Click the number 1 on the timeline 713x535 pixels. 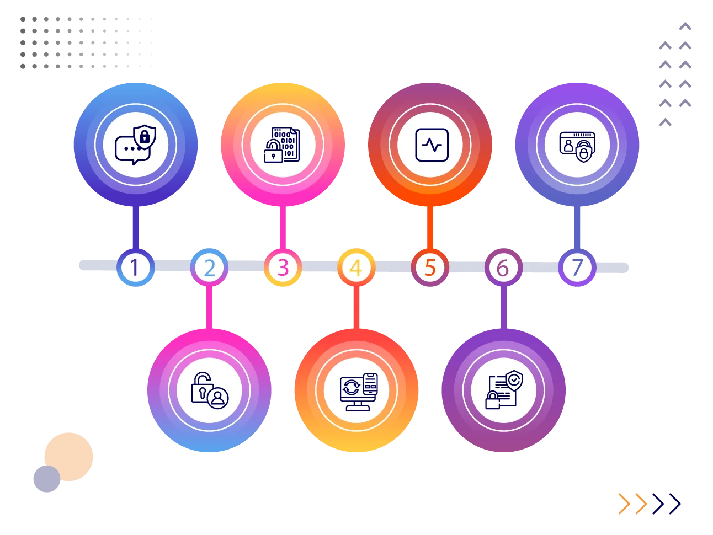pyautogui.click(x=135, y=267)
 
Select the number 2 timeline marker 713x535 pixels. pyautogui.click(x=209, y=268)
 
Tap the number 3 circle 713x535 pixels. pyautogui.click(x=283, y=267)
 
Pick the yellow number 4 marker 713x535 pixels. pyautogui.click(x=356, y=268)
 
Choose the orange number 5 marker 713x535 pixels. pyautogui.click(x=430, y=267)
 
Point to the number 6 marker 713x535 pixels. pyautogui.click(x=503, y=268)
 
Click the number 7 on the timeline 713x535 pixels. pyautogui.click(x=577, y=267)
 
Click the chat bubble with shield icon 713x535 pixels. pyautogui.click(x=135, y=145)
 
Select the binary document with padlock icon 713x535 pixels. pyautogui.click(x=283, y=145)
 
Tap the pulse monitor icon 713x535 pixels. pyautogui.click(x=431, y=145)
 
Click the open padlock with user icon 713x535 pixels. pyautogui.click(x=209, y=390)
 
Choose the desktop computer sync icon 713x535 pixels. pyautogui.click(x=357, y=391)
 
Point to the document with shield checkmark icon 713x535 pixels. pyautogui.click(x=503, y=390)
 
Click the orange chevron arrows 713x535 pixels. pyautogui.click(x=632, y=502)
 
